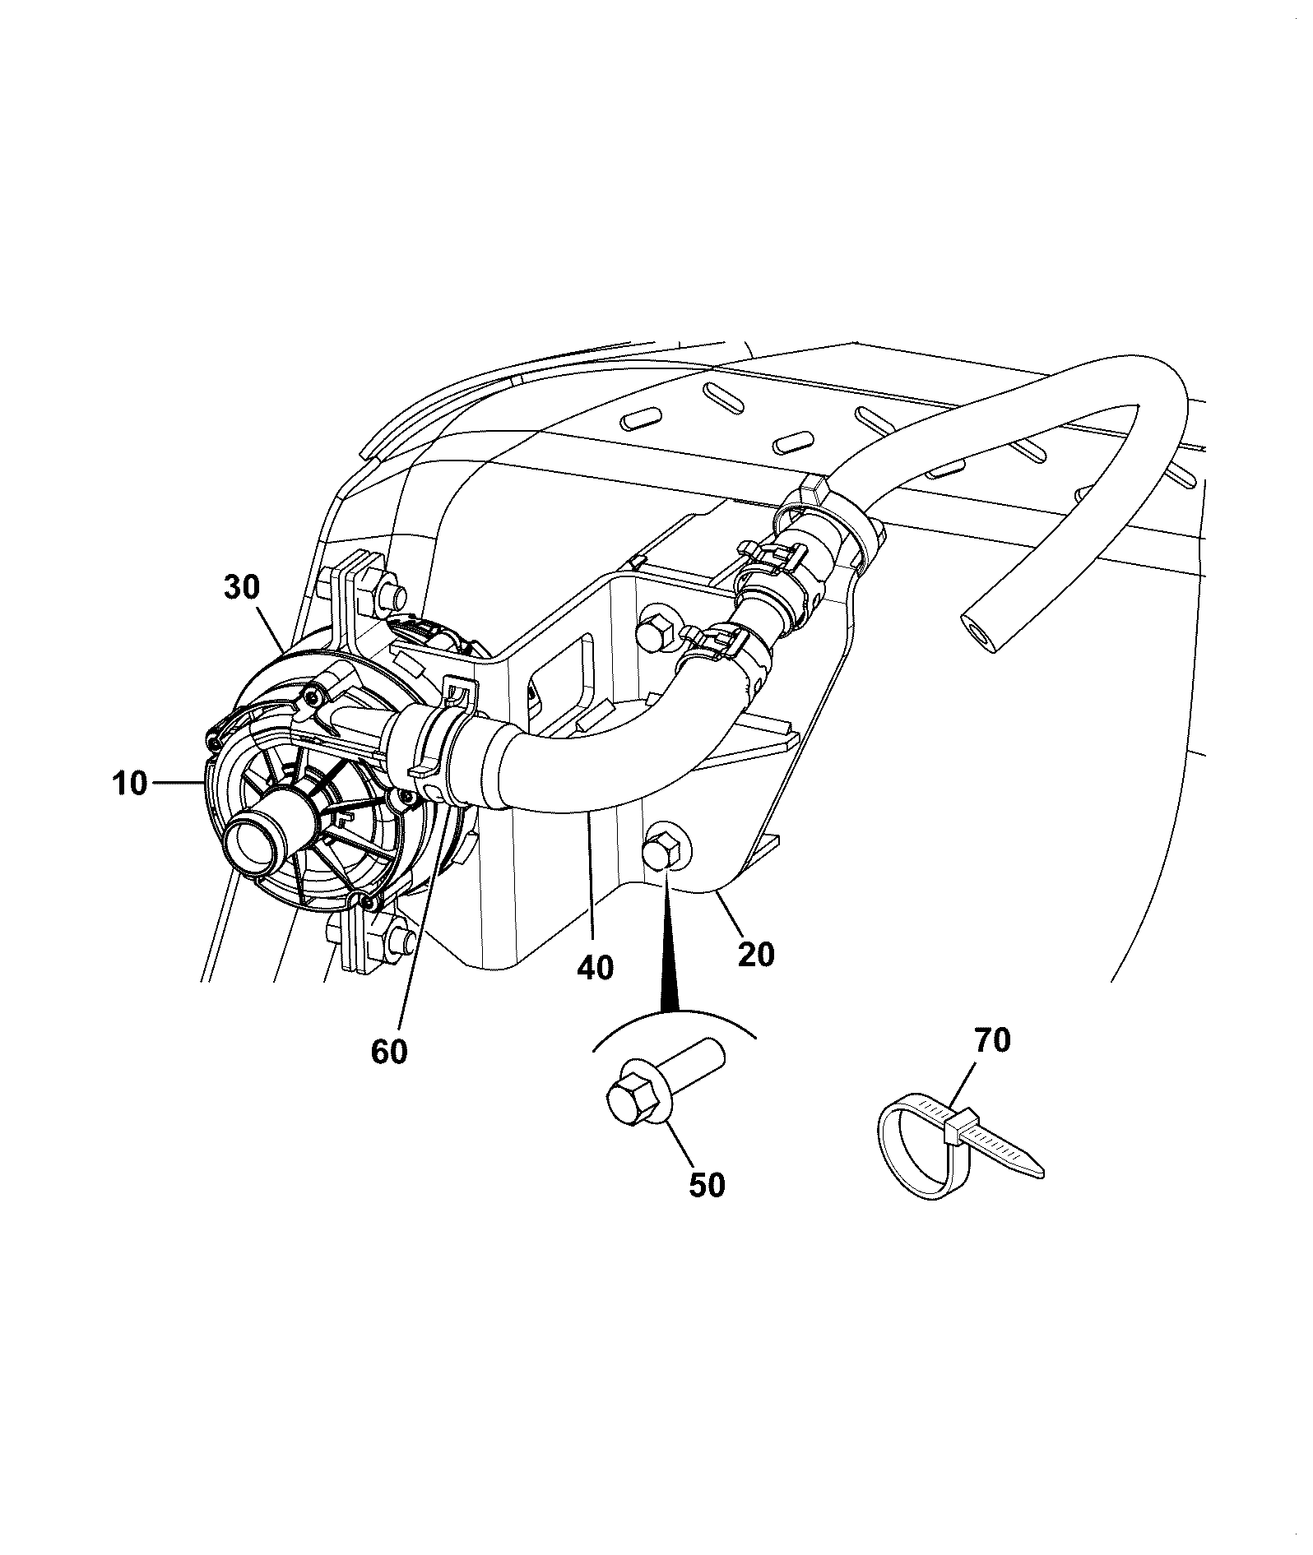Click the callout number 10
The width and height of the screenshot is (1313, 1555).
(131, 784)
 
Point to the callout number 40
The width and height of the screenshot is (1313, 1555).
(595, 967)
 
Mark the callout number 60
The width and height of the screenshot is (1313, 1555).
(389, 1051)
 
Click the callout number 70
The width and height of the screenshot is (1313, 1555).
(991, 1040)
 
